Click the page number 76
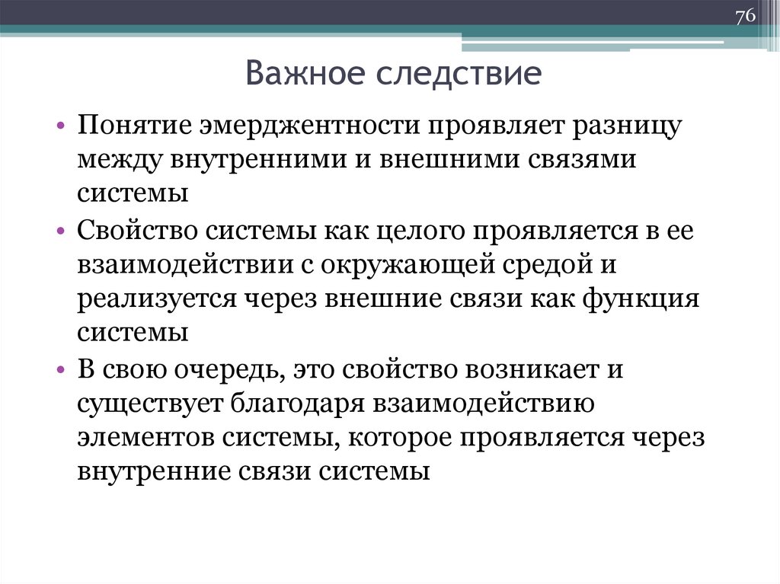744,17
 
